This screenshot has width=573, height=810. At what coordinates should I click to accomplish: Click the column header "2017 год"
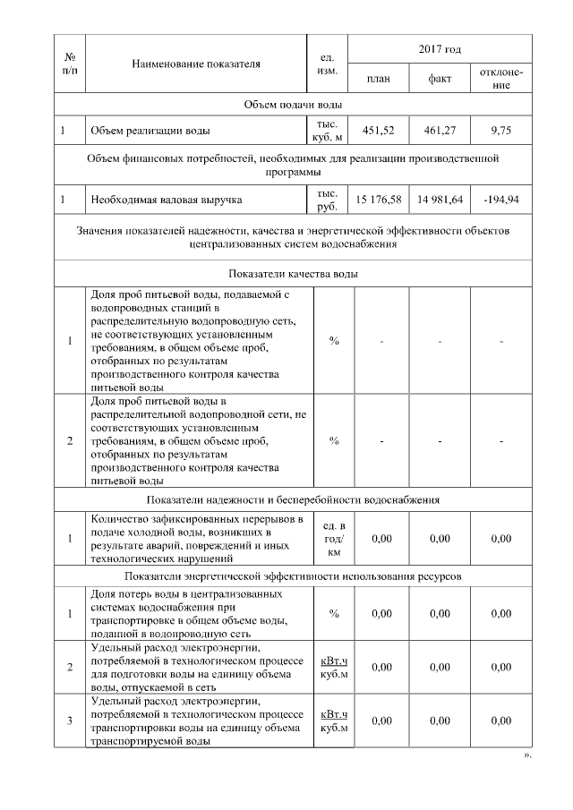tap(440, 47)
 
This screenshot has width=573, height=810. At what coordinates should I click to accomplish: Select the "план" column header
tap(379, 78)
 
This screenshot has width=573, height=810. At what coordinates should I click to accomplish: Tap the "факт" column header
tap(440, 78)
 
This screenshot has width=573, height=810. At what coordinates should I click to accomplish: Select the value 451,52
tap(379, 131)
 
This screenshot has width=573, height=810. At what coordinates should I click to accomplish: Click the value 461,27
tap(440, 131)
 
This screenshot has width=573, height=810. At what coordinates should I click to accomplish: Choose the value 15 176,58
tap(379, 200)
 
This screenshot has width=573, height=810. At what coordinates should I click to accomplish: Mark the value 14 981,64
tap(440, 200)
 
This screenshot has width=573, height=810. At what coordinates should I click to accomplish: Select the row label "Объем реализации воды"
tap(150, 131)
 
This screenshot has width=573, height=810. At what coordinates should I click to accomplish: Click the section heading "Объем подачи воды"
tap(293, 105)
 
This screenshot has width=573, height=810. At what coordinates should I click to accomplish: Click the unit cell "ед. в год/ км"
tap(333, 539)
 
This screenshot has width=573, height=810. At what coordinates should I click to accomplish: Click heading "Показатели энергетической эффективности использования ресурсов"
tap(293, 576)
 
